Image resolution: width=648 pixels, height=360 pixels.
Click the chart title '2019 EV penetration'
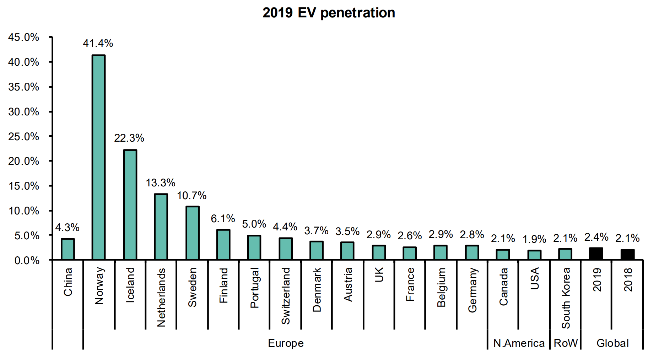tap(329, 13)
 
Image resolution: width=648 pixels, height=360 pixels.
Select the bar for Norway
tap(98, 157)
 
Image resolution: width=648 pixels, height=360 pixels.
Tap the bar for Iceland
tap(130, 204)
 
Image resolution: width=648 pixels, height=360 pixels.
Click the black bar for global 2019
tap(596, 253)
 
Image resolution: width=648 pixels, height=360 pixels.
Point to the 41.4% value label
tap(98, 43)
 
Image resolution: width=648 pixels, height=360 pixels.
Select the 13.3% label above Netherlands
tap(161, 183)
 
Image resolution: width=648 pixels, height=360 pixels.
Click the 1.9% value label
tap(534, 239)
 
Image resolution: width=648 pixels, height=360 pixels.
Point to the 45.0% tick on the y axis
tap(24, 37)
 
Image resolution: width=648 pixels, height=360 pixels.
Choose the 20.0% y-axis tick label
tap(24, 161)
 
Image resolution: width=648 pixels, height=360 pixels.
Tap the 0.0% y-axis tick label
tap(27, 261)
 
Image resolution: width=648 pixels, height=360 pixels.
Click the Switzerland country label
tap(286, 296)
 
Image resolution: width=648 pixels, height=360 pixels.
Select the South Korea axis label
tap(566, 298)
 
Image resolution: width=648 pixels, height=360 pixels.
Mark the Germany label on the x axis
tap(472, 290)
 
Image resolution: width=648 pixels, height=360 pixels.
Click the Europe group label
tap(286, 343)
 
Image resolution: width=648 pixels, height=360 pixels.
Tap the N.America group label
tap(519, 343)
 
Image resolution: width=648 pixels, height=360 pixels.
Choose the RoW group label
tap(566, 343)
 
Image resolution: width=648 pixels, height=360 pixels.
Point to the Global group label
tap(612, 343)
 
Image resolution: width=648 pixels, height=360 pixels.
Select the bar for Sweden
tap(192, 233)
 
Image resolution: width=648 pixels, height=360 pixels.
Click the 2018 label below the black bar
tap(628, 280)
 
